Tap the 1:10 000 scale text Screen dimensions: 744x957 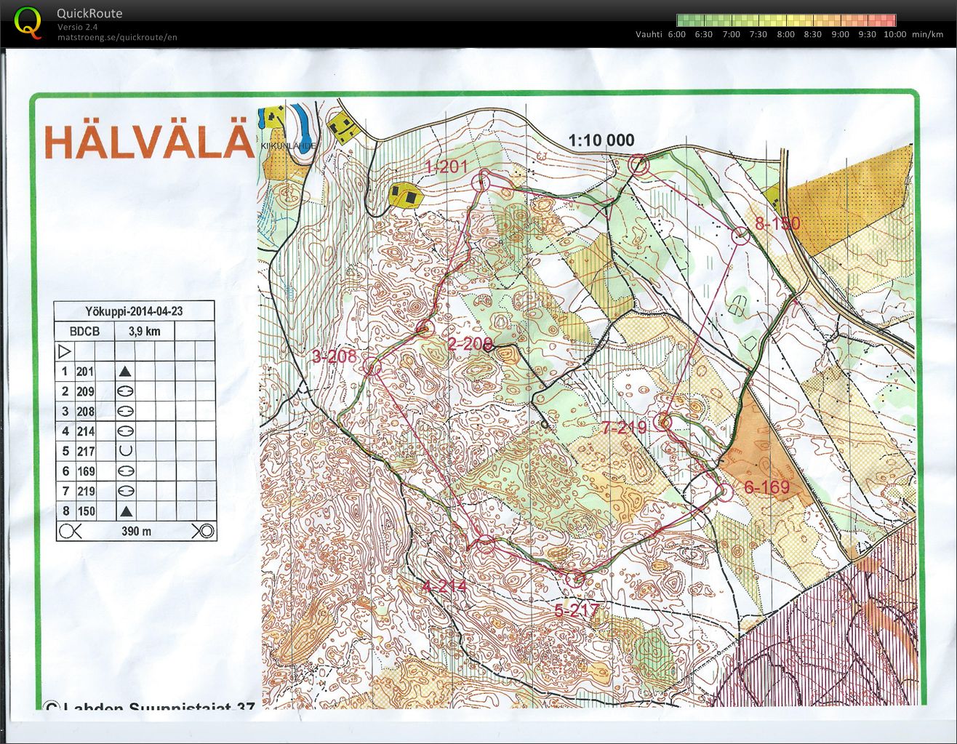pos(601,140)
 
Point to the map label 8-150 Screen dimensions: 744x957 pos(777,223)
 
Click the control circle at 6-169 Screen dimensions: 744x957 pos(725,492)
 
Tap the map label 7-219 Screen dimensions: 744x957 pos(624,428)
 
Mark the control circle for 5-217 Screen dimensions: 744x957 pos(575,579)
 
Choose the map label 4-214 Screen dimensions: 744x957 pos(444,586)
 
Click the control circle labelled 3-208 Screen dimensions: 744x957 pos(372,367)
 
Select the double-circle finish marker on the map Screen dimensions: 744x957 pos(638,166)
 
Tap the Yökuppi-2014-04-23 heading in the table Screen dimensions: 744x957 pos(134,311)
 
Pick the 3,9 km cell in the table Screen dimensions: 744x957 pos(144,332)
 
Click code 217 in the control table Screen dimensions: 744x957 pos(86,452)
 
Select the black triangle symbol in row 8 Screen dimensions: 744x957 pos(125,511)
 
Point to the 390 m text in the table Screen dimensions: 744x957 pos(136,532)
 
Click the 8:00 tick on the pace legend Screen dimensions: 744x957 pos(785,34)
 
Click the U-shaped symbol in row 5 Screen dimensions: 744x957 pos(125,451)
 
